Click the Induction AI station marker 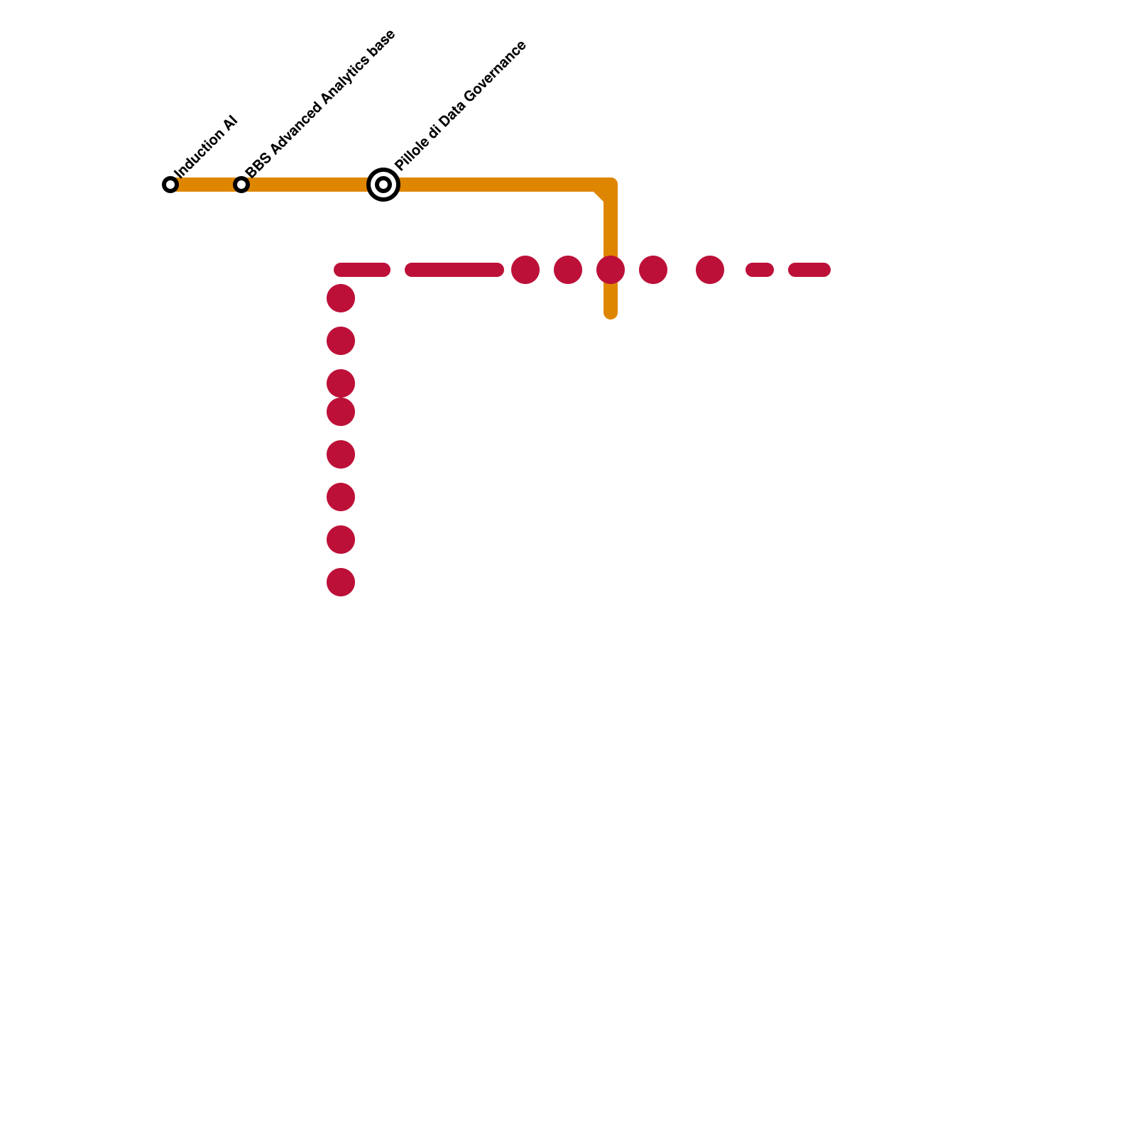[x=170, y=185]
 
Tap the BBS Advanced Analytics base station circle [x=241, y=185]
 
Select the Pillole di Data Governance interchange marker [x=383, y=185]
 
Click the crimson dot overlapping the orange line [x=611, y=270]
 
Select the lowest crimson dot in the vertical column [x=341, y=582]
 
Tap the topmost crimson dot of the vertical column [x=341, y=298]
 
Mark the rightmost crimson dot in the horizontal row [x=710, y=270]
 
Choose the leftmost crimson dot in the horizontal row [x=525, y=270]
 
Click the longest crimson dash [x=454, y=270]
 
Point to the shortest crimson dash [x=760, y=270]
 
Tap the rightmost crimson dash [x=809, y=270]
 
